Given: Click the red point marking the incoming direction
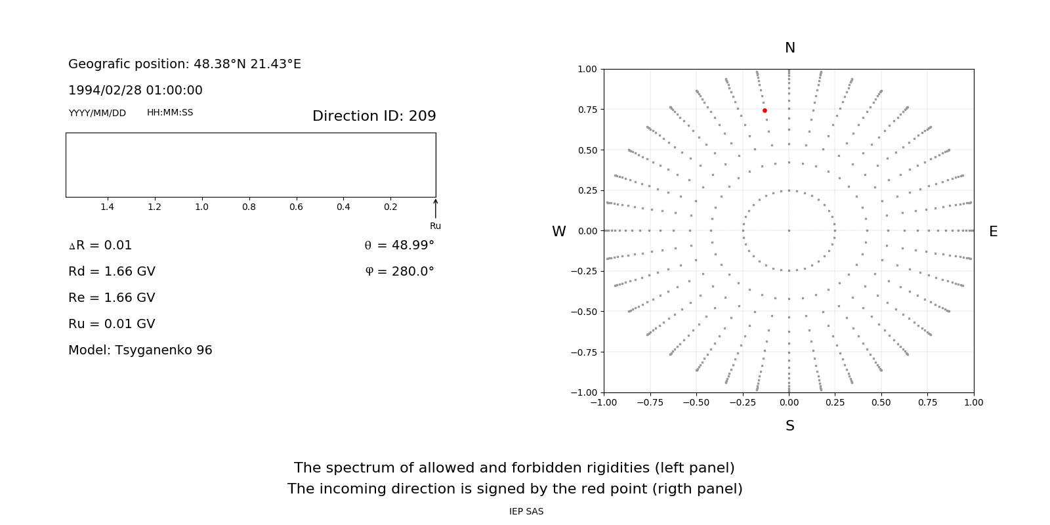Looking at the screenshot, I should [x=765, y=111].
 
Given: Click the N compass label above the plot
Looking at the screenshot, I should [x=790, y=48].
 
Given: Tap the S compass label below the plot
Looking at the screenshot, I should [x=790, y=426].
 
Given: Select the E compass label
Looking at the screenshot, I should [x=993, y=232].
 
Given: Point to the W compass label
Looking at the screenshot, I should [x=559, y=232].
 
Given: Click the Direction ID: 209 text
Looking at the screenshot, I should [x=374, y=116].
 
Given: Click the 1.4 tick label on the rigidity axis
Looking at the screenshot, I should [x=107, y=207].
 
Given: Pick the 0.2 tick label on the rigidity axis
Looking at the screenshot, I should [x=390, y=207].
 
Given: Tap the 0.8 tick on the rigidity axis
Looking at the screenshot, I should [x=249, y=207].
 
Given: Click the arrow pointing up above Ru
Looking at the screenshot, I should [x=436, y=208].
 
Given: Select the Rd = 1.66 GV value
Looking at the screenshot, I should [x=112, y=271].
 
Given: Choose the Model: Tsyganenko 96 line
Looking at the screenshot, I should [x=140, y=350].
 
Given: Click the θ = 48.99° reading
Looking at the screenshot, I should [x=400, y=245].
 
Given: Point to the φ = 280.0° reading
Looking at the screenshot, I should [x=400, y=271].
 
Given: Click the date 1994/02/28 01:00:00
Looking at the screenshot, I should [x=135, y=90].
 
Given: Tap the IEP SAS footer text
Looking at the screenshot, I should [x=526, y=511].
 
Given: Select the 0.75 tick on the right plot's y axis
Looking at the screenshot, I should [x=587, y=110].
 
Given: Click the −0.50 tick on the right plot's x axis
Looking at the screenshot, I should [x=696, y=402].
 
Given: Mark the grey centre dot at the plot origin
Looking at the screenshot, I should [x=789, y=230].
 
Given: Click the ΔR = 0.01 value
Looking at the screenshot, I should [x=100, y=245].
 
